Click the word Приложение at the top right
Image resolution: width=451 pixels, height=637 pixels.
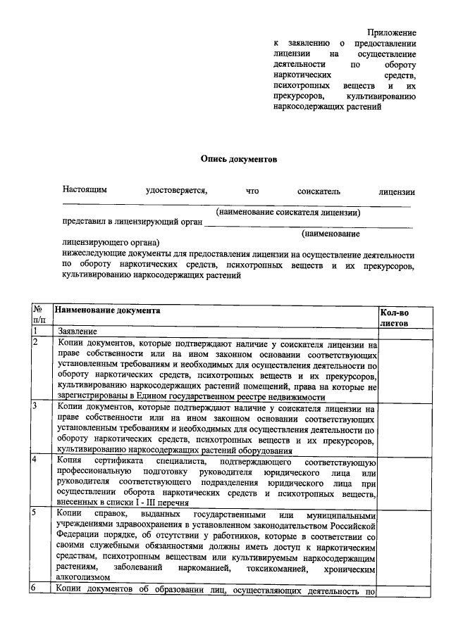tap(392, 33)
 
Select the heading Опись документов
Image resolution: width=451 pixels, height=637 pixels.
tap(239, 159)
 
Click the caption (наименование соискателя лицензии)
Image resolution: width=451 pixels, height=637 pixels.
tap(288, 212)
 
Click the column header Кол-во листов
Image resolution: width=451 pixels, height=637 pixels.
tap(394, 316)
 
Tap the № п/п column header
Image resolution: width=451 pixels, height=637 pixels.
tap(39, 315)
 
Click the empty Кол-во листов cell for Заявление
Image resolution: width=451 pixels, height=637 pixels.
tap(394, 332)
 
